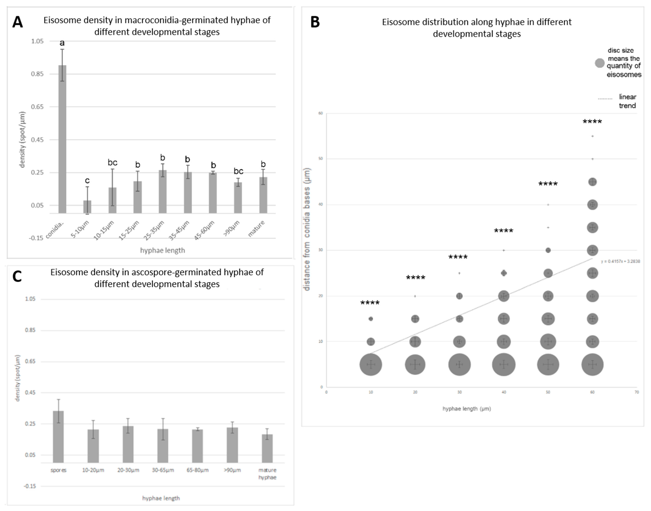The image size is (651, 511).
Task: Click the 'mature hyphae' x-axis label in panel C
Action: (267, 474)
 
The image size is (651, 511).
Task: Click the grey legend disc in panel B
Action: (599, 63)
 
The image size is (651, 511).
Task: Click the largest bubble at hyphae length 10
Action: (371, 364)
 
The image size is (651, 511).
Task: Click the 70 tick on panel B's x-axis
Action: (637, 392)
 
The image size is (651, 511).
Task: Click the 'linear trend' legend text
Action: (627, 101)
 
